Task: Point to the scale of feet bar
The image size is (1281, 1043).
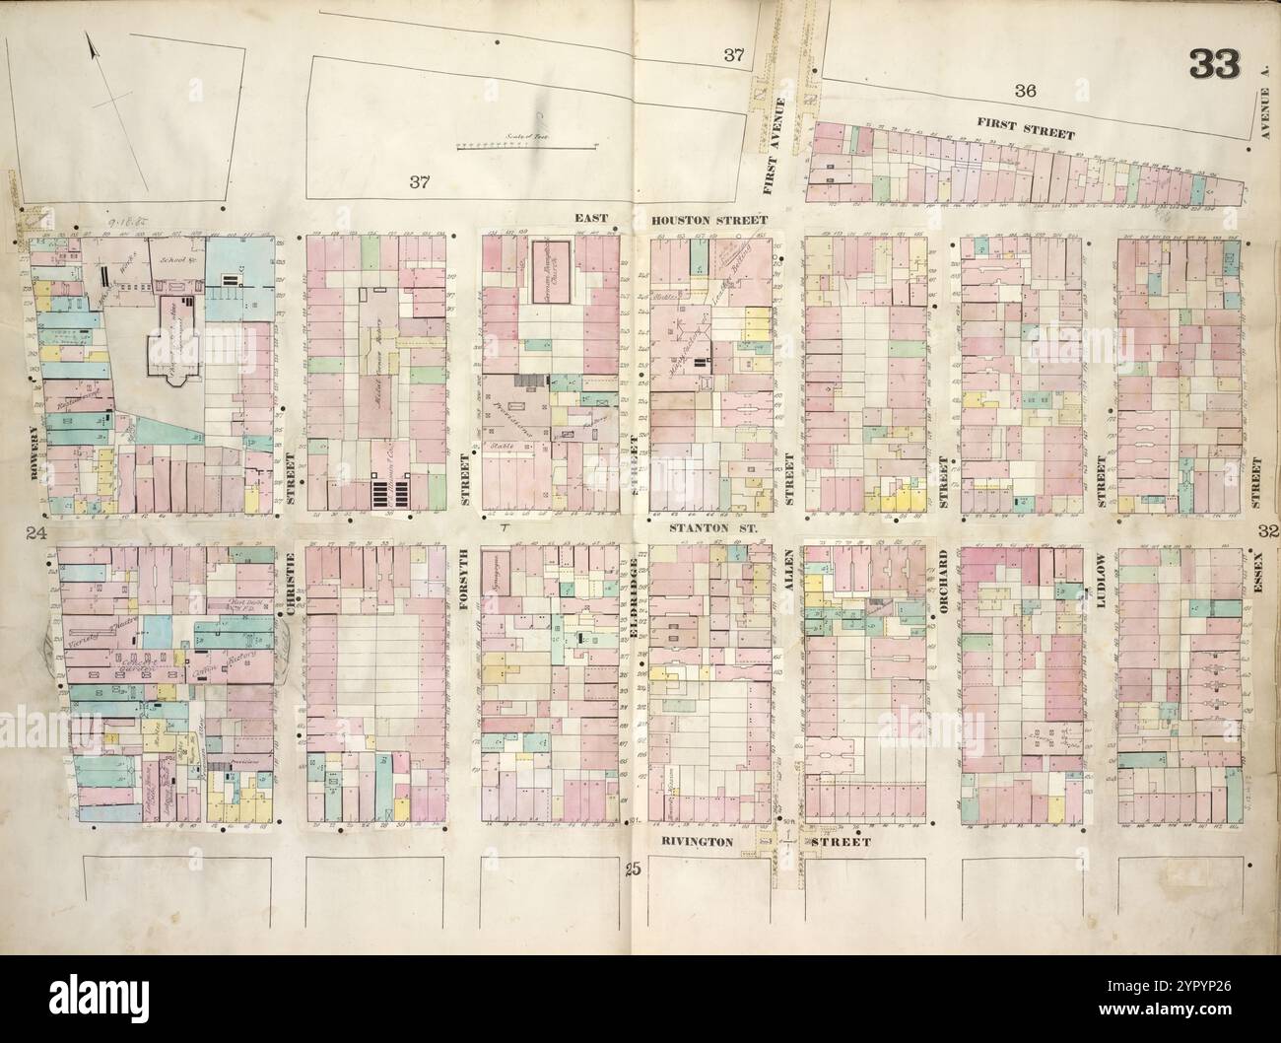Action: point(527,146)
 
